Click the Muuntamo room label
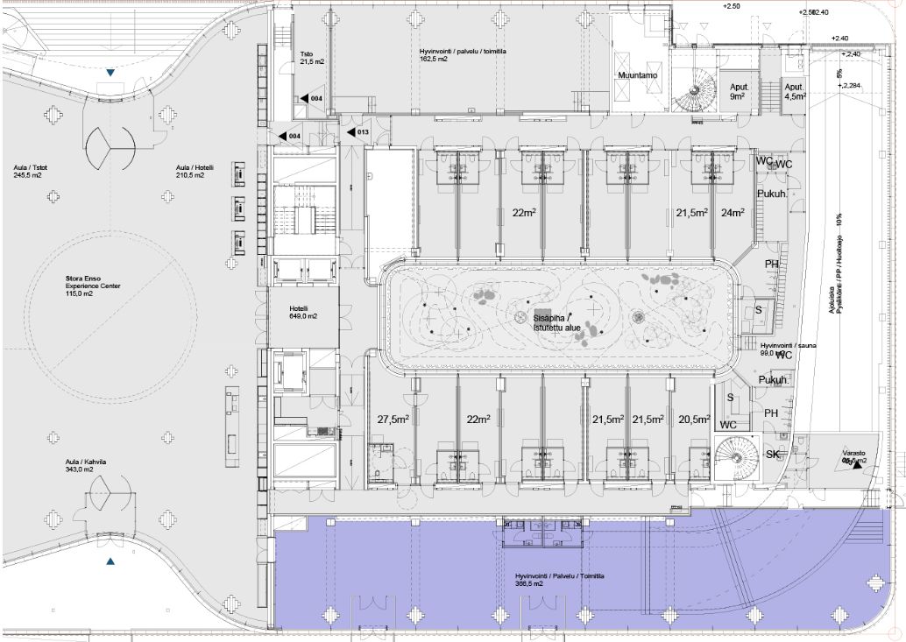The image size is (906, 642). pos(637,75)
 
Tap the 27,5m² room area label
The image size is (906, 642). pos(393,420)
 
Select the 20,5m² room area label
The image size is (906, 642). pos(693,420)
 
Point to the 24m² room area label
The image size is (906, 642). pos(732,212)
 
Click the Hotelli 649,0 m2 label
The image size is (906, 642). pos(303,313)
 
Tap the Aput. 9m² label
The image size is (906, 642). pos(738,92)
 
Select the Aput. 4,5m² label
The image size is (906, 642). pos(795,92)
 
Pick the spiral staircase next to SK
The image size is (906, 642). pos(735,455)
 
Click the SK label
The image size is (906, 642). pos(773,455)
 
